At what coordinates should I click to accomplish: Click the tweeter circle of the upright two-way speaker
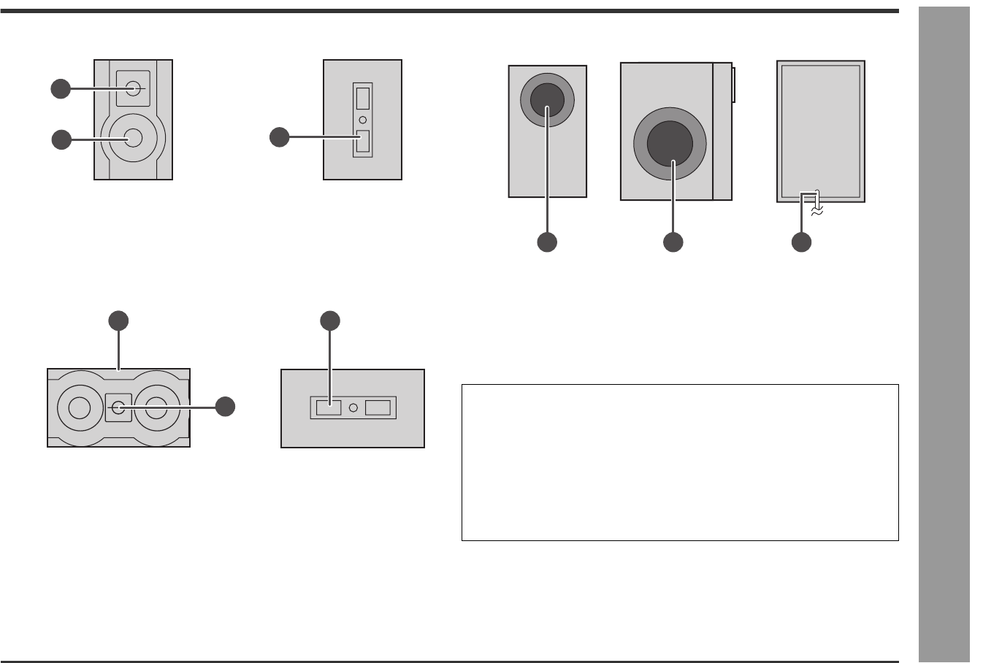pos(133,88)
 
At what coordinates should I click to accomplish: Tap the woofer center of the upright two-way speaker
pos(133,137)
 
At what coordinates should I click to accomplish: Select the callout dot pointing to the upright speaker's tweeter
pos(61,89)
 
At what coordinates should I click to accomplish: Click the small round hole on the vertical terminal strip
pos(362,119)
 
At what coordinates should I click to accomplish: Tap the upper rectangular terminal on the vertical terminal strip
pos(362,98)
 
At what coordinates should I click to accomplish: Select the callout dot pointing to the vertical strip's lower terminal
pos(279,137)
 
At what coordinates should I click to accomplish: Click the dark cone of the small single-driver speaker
pos(546,100)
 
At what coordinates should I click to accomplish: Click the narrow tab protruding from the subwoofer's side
pos(733,84)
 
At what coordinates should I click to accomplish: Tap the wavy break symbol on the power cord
pos(818,210)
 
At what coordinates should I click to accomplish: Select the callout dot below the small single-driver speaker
pos(547,242)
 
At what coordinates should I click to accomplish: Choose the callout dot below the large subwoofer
pos(673,242)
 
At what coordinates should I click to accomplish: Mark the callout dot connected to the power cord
pos(801,242)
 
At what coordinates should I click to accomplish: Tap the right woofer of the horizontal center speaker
pos(157,407)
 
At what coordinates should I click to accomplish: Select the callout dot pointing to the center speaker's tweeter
pos(225,407)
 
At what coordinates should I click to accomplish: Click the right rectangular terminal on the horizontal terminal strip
pos(378,407)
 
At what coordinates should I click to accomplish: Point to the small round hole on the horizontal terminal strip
pos(353,407)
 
